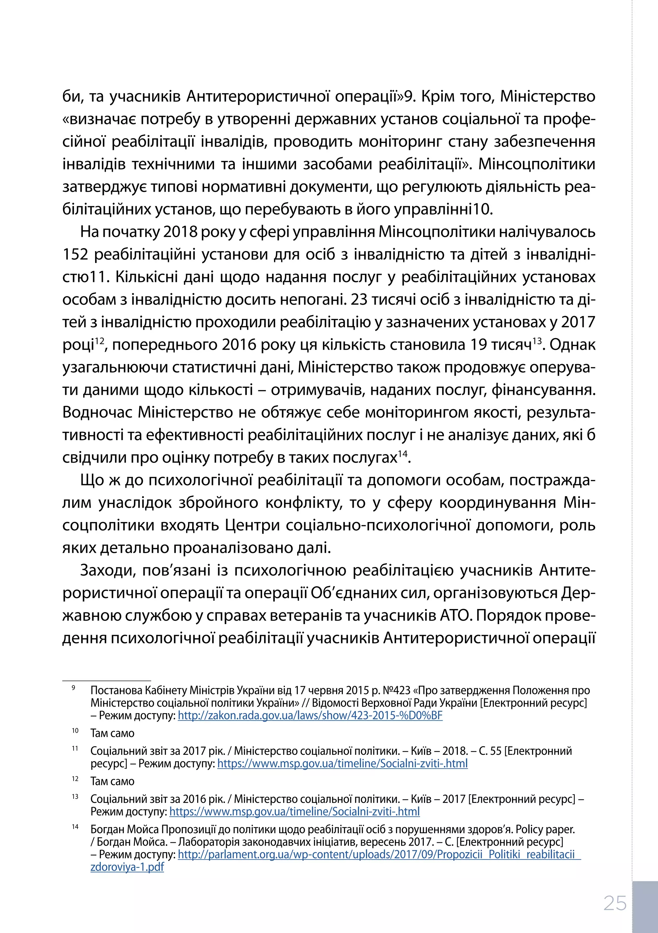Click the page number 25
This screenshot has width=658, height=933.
pos(615,903)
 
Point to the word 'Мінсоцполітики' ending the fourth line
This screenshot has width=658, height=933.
pos(537,164)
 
